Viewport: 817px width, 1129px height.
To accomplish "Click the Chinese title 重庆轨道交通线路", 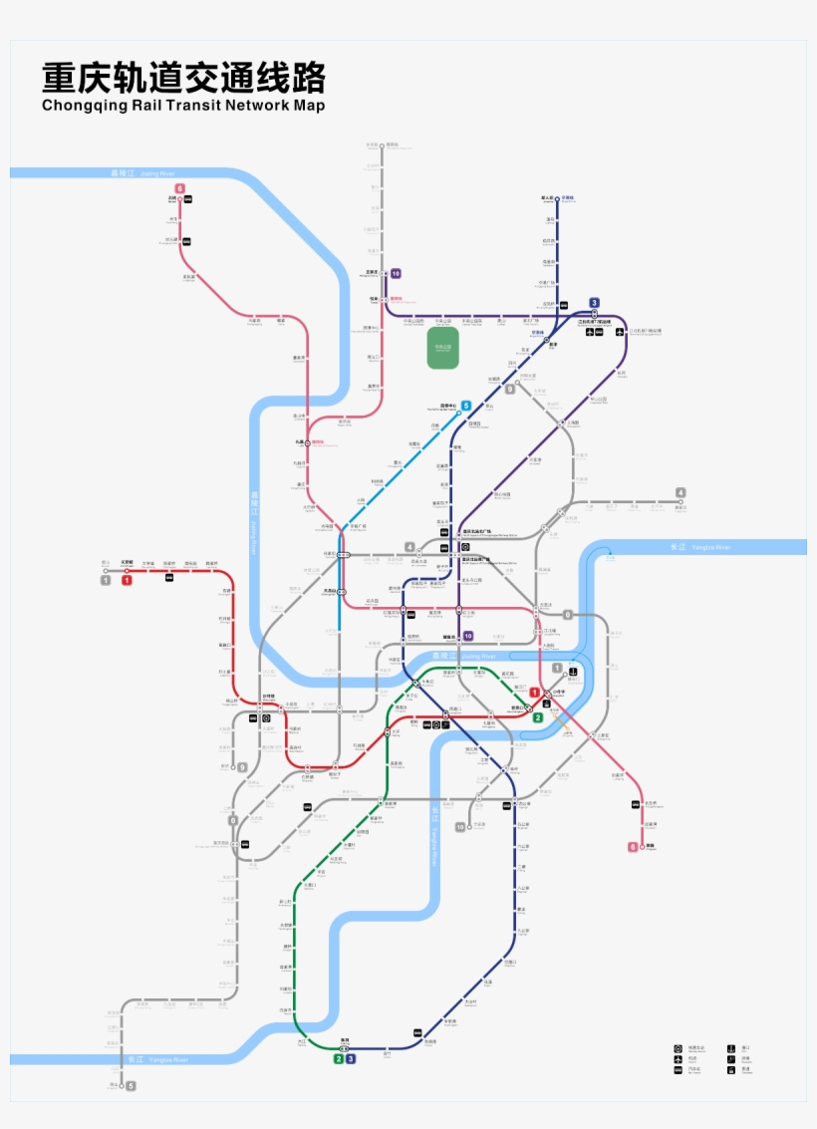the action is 183,79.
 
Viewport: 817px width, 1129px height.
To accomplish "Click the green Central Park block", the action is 442,348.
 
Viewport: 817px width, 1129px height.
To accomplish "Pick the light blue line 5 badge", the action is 466,406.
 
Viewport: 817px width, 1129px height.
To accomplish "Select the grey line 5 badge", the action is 130,1085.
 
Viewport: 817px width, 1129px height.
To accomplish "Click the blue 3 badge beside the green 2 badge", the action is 351,1058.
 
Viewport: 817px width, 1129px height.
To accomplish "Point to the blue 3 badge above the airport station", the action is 595,303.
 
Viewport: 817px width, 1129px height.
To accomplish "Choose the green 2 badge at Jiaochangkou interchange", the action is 537,716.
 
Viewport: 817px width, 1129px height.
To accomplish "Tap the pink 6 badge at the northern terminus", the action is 180,188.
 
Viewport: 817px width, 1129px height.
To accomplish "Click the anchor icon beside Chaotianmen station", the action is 574,671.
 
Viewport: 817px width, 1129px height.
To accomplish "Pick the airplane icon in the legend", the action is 679,1059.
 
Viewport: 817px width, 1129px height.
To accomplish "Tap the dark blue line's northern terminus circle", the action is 557,198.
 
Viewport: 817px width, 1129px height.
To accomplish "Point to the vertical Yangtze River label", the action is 434,837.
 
